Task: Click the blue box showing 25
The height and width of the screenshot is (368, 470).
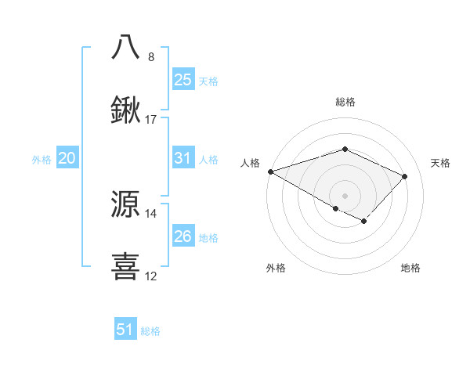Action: tap(183, 80)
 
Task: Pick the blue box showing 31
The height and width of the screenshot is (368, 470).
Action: tap(183, 158)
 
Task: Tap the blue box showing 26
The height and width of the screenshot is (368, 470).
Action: tap(183, 236)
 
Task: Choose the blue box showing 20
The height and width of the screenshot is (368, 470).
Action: tap(67, 158)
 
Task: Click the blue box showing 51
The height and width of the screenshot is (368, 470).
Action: tap(125, 330)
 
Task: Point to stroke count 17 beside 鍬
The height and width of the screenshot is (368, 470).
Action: tap(151, 120)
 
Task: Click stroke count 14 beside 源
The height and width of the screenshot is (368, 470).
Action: tap(151, 213)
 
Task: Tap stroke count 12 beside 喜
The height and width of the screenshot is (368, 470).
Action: tap(151, 276)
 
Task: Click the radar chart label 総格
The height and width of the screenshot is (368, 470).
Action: tap(345, 102)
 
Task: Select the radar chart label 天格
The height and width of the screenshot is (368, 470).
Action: tap(441, 163)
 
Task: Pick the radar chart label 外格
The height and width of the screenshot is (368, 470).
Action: tap(276, 269)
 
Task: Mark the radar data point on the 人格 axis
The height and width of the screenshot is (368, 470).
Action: tap(269, 171)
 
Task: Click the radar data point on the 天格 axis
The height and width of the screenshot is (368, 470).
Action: tap(404, 176)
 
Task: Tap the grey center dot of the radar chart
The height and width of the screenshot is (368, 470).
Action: tap(345, 195)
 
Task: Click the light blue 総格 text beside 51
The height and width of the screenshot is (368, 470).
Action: tap(150, 331)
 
